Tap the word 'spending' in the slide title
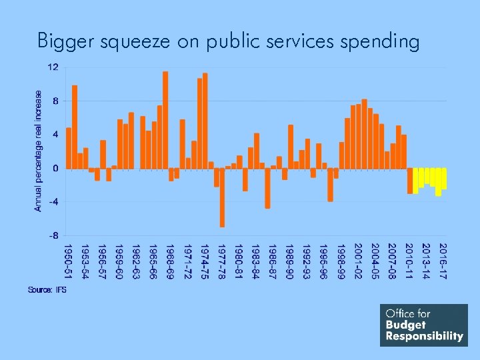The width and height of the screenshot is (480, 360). tap(379, 42)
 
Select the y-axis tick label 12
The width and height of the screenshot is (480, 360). tap(53, 67)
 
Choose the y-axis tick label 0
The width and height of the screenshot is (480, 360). tap(55, 168)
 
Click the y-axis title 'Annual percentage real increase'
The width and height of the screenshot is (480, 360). tap(39, 151)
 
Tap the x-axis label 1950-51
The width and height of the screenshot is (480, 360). tap(69, 261)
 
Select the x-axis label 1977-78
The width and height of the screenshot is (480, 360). tap(222, 261)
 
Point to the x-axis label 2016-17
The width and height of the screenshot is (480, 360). tap(443, 261)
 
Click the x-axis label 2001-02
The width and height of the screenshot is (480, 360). tap(359, 261)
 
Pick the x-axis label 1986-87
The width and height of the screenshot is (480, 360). tap(273, 261)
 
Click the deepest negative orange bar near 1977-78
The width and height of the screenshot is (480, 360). tap(222, 197)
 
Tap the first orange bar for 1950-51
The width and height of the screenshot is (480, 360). tap(69, 148)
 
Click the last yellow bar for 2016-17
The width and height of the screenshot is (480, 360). tap(443, 179)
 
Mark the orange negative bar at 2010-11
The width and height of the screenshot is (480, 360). tap(410, 181)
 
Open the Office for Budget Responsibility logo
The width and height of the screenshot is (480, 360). tap(424, 325)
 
